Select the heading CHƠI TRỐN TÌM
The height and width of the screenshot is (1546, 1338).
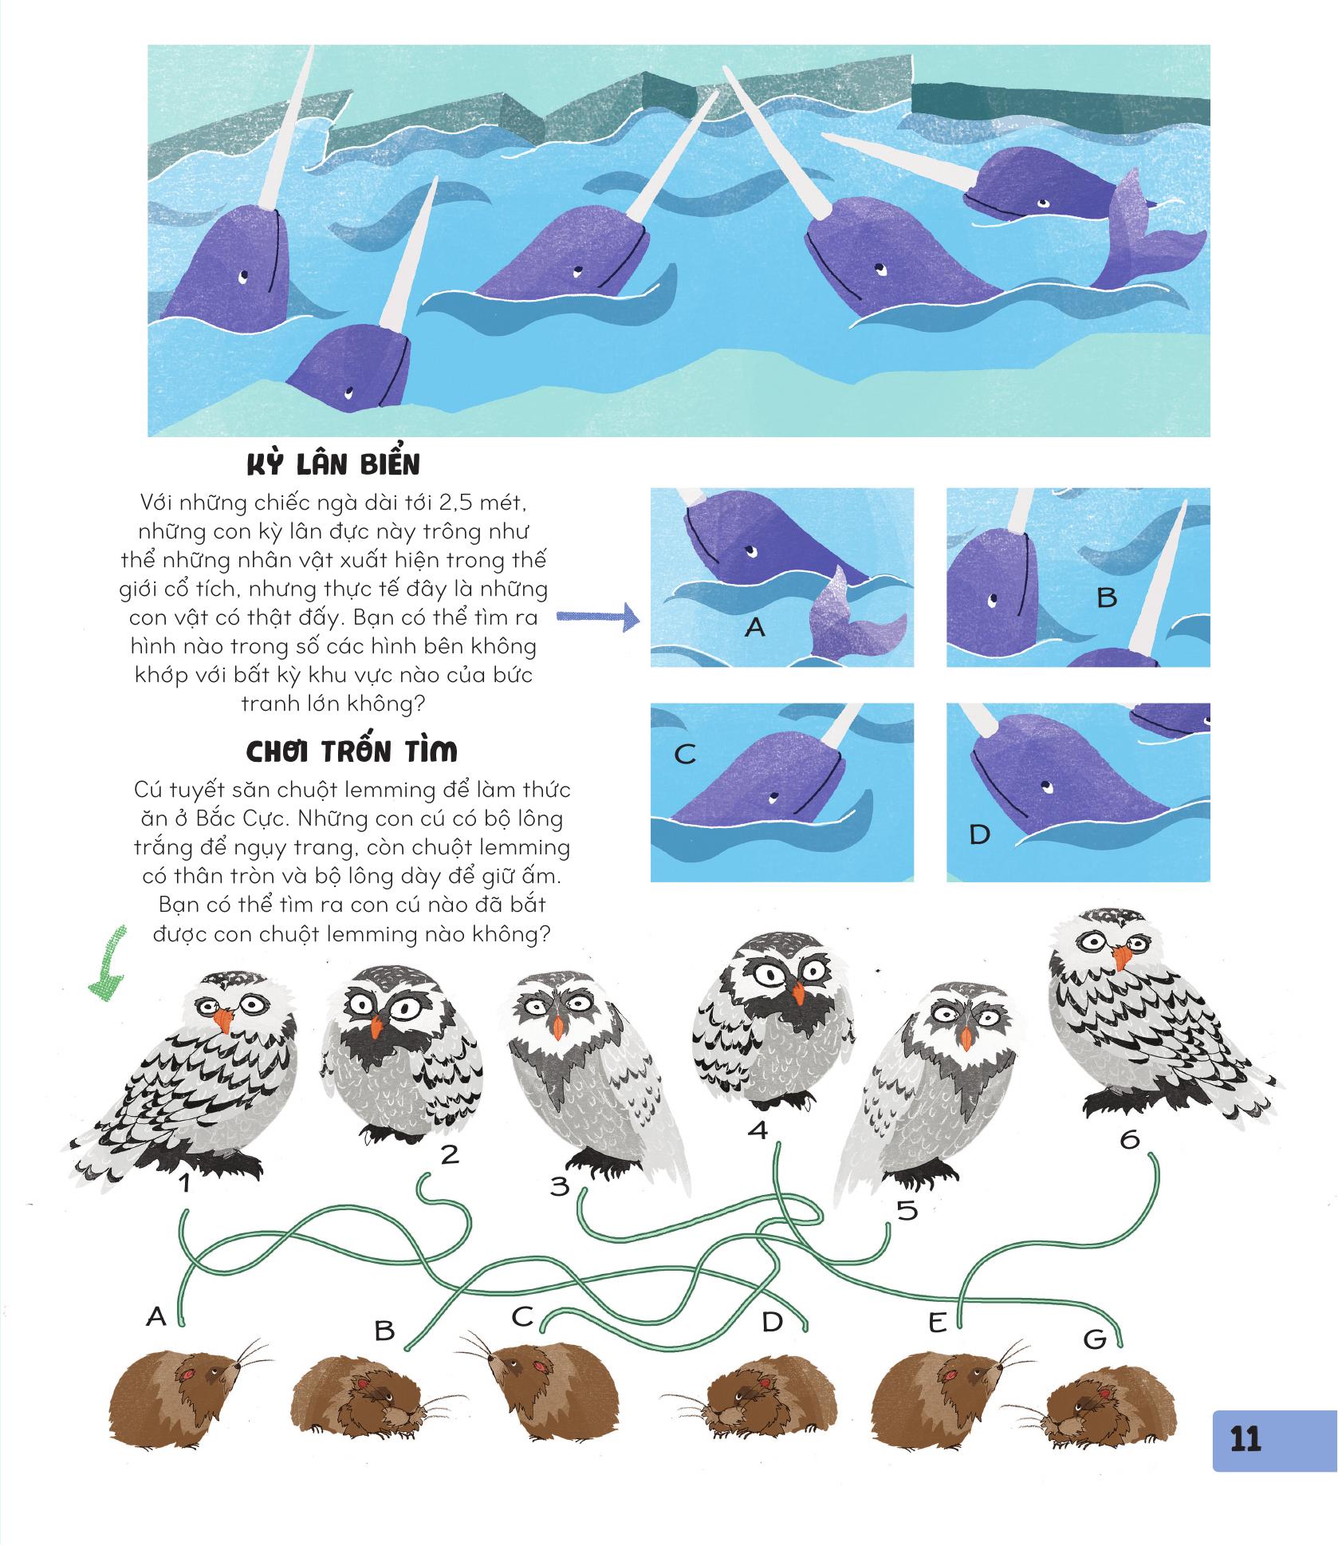tap(351, 751)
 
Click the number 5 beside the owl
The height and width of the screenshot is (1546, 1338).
tap(906, 1234)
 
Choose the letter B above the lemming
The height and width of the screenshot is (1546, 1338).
tap(384, 1331)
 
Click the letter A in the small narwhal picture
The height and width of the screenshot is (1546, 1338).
tap(754, 628)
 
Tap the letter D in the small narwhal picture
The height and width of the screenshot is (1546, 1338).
tap(979, 834)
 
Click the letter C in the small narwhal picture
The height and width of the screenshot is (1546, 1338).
tap(685, 753)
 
